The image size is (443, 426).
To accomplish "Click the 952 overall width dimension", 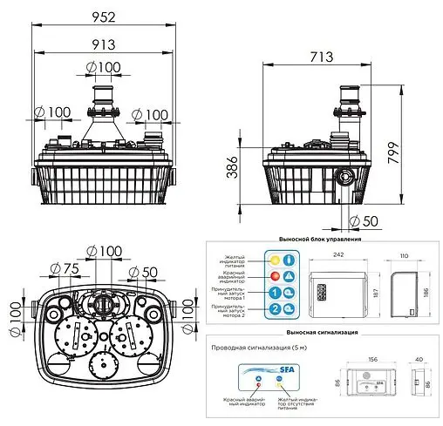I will coord(104,15).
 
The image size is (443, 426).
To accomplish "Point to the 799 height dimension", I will coord(418,156).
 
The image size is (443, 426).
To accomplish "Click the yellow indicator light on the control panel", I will coord(276,260).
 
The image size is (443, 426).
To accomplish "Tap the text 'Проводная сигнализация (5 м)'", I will coord(258,346).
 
